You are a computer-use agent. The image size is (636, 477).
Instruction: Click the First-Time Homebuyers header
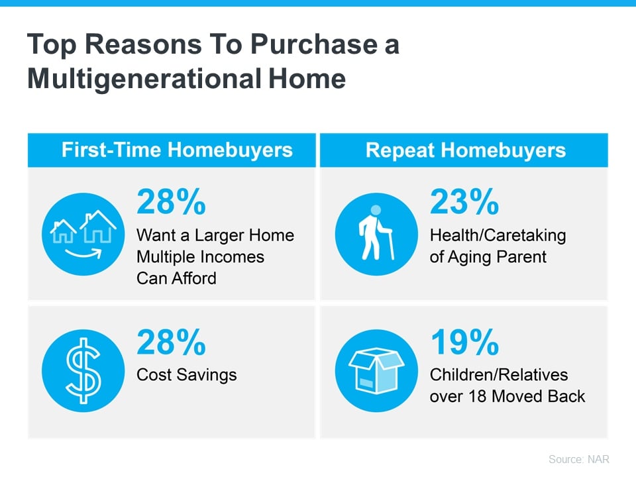coord(177,150)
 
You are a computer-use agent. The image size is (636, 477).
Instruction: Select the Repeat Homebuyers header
coord(466,150)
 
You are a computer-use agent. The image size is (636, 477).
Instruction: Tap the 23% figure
coord(464,201)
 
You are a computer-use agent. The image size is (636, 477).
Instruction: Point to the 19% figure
coord(464,343)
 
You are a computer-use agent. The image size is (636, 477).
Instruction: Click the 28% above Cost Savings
coord(171,343)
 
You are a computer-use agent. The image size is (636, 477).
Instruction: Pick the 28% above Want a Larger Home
coord(171,201)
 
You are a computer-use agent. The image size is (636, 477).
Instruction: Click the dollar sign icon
coord(83,371)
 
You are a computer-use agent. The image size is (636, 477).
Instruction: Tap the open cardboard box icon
coord(376,371)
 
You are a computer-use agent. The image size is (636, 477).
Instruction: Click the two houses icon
coord(83,227)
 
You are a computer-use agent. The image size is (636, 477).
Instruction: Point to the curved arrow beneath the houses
coord(83,254)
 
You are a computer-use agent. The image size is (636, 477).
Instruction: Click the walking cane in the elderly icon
coord(390,244)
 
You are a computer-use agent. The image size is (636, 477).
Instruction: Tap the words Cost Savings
coord(187,375)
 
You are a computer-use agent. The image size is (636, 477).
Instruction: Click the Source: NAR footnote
coord(579,459)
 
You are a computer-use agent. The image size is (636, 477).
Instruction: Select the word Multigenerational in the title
coord(144,79)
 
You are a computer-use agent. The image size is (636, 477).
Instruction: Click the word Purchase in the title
coord(314,44)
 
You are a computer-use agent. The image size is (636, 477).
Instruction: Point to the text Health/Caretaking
coord(498,236)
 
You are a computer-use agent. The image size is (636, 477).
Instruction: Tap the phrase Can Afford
coord(176,278)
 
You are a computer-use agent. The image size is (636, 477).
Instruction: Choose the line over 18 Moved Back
coord(507,396)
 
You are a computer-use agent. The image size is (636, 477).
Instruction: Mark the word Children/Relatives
coord(499,375)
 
